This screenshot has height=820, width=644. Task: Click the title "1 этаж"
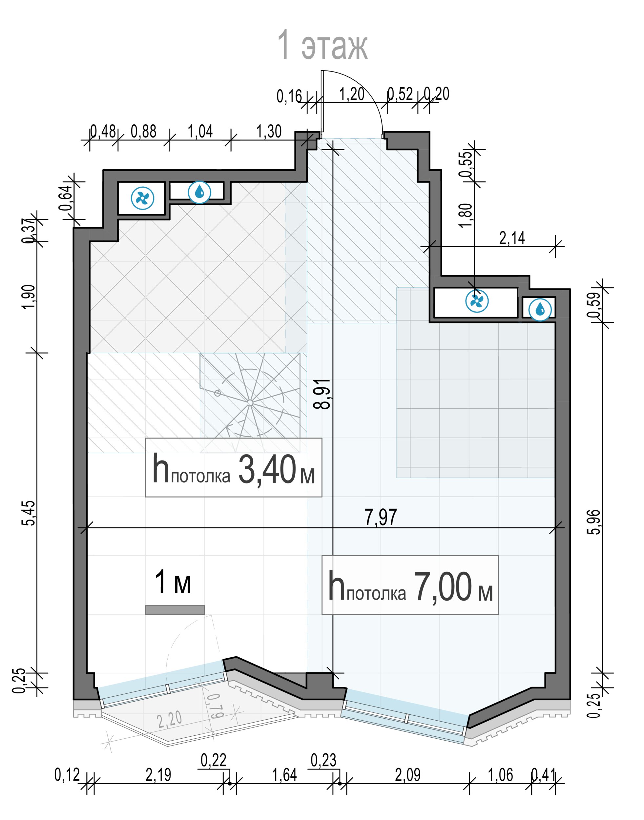(322, 46)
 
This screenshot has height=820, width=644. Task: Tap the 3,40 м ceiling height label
(233, 467)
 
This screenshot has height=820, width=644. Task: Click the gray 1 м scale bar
(175, 610)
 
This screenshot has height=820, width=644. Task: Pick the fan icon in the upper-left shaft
(142, 198)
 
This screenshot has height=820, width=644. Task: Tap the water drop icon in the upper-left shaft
(199, 192)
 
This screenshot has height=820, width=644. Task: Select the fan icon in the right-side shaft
(477, 301)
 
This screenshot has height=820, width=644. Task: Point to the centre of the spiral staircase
(250, 403)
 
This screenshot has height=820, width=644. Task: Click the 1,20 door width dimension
(351, 94)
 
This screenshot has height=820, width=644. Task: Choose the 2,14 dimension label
(512, 238)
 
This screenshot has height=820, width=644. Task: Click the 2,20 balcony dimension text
(170, 719)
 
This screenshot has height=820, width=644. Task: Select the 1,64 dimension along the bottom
(284, 775)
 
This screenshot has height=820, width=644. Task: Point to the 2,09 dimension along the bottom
(407, 775)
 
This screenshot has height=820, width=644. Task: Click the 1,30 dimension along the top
(269, 132)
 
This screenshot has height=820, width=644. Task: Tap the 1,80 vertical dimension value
(466, 215)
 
